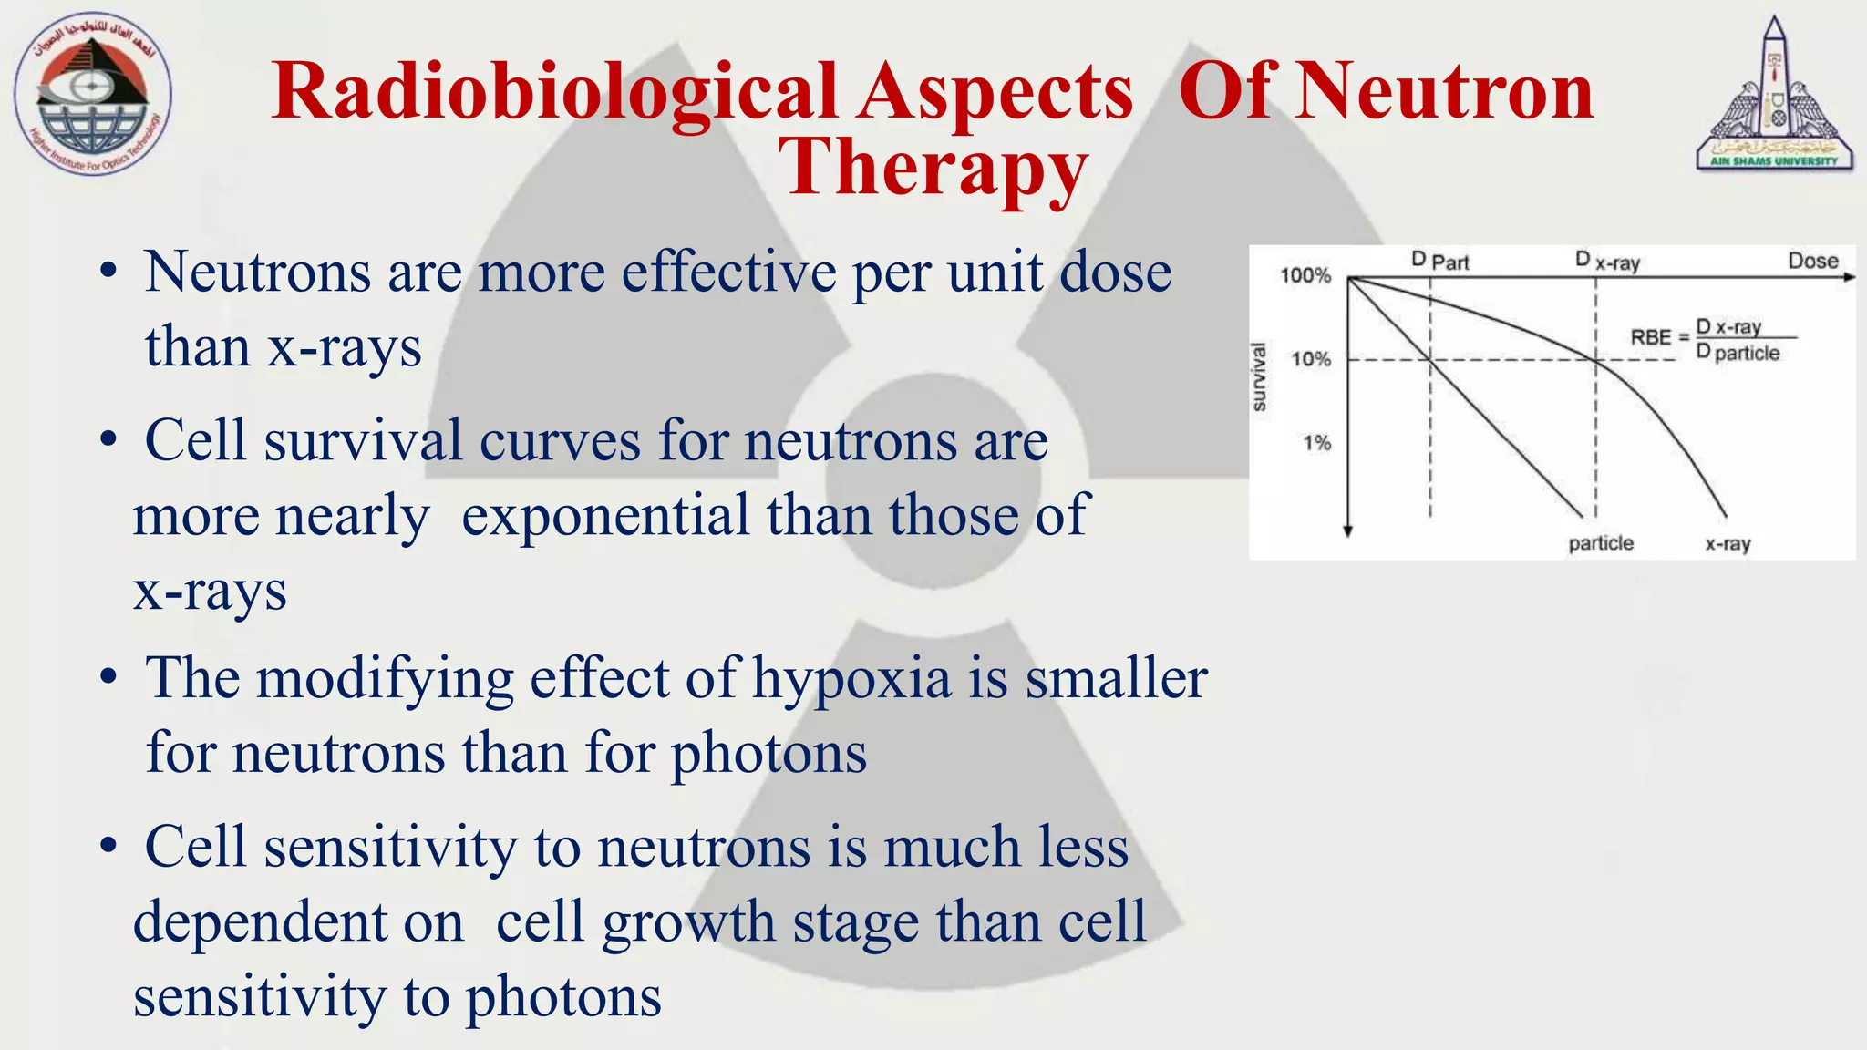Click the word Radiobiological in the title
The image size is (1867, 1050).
pos(553,93)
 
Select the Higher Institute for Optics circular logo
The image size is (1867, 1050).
pos(92,94)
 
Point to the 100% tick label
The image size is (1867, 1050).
pos(1305,275)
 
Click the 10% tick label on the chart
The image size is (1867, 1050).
pos(1311,359)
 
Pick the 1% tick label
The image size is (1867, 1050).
pos(1316,443)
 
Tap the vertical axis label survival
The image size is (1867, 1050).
pos(1259,376)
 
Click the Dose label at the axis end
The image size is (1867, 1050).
pos(1812,261)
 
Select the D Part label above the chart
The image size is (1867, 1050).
pos(1440,262)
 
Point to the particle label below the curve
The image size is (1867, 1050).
pos(1601,543)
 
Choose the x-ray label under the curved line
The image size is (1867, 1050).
pos(1728,544)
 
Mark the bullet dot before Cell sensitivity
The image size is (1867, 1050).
pos(109,846)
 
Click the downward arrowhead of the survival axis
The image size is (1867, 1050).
pos(1347,531)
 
